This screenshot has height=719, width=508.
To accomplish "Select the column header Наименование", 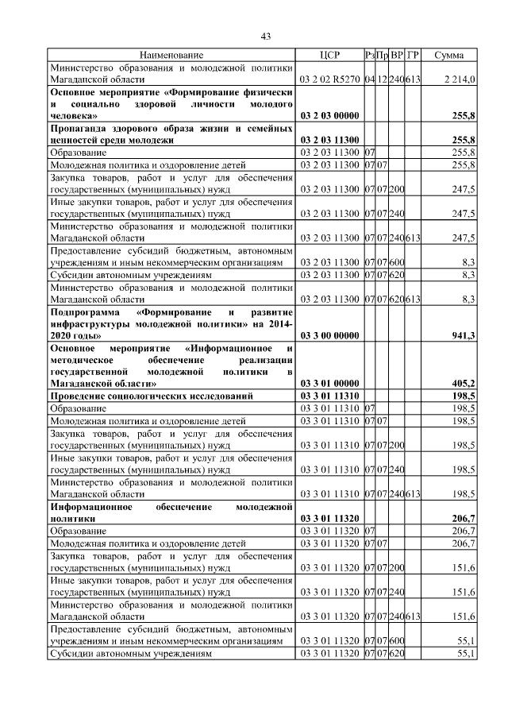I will click(x=171, y=56).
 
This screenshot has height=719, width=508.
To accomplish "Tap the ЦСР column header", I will click(x=329, y=56).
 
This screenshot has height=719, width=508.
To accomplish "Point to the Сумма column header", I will click(x=449, y=56).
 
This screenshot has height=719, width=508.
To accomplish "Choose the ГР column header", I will click(x=413, y=56).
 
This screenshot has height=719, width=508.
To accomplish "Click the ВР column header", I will click(x=397, y=56).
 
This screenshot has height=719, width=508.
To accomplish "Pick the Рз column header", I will click(x=369, y=56).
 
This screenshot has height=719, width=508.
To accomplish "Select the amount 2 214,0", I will click(x=460, y=79).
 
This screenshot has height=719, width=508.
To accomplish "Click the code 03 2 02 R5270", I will click(x=329, y=79).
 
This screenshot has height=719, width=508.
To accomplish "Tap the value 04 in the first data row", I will click(x=369, y=79).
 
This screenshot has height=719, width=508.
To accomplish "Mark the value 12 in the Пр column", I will click(x=382, y=79).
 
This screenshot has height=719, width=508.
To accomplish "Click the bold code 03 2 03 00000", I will click(x=329, y=116).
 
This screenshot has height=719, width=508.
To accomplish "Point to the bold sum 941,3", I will click(x=462, y=336).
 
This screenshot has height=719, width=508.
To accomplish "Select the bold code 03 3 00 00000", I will click(x=329, y=336).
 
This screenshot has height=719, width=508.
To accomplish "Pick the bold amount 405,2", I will click(x=462, y=384).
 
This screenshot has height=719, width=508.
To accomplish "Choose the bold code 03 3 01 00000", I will click(x=329, y=384).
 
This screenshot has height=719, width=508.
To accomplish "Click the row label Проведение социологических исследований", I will click(x=152, y=396).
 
